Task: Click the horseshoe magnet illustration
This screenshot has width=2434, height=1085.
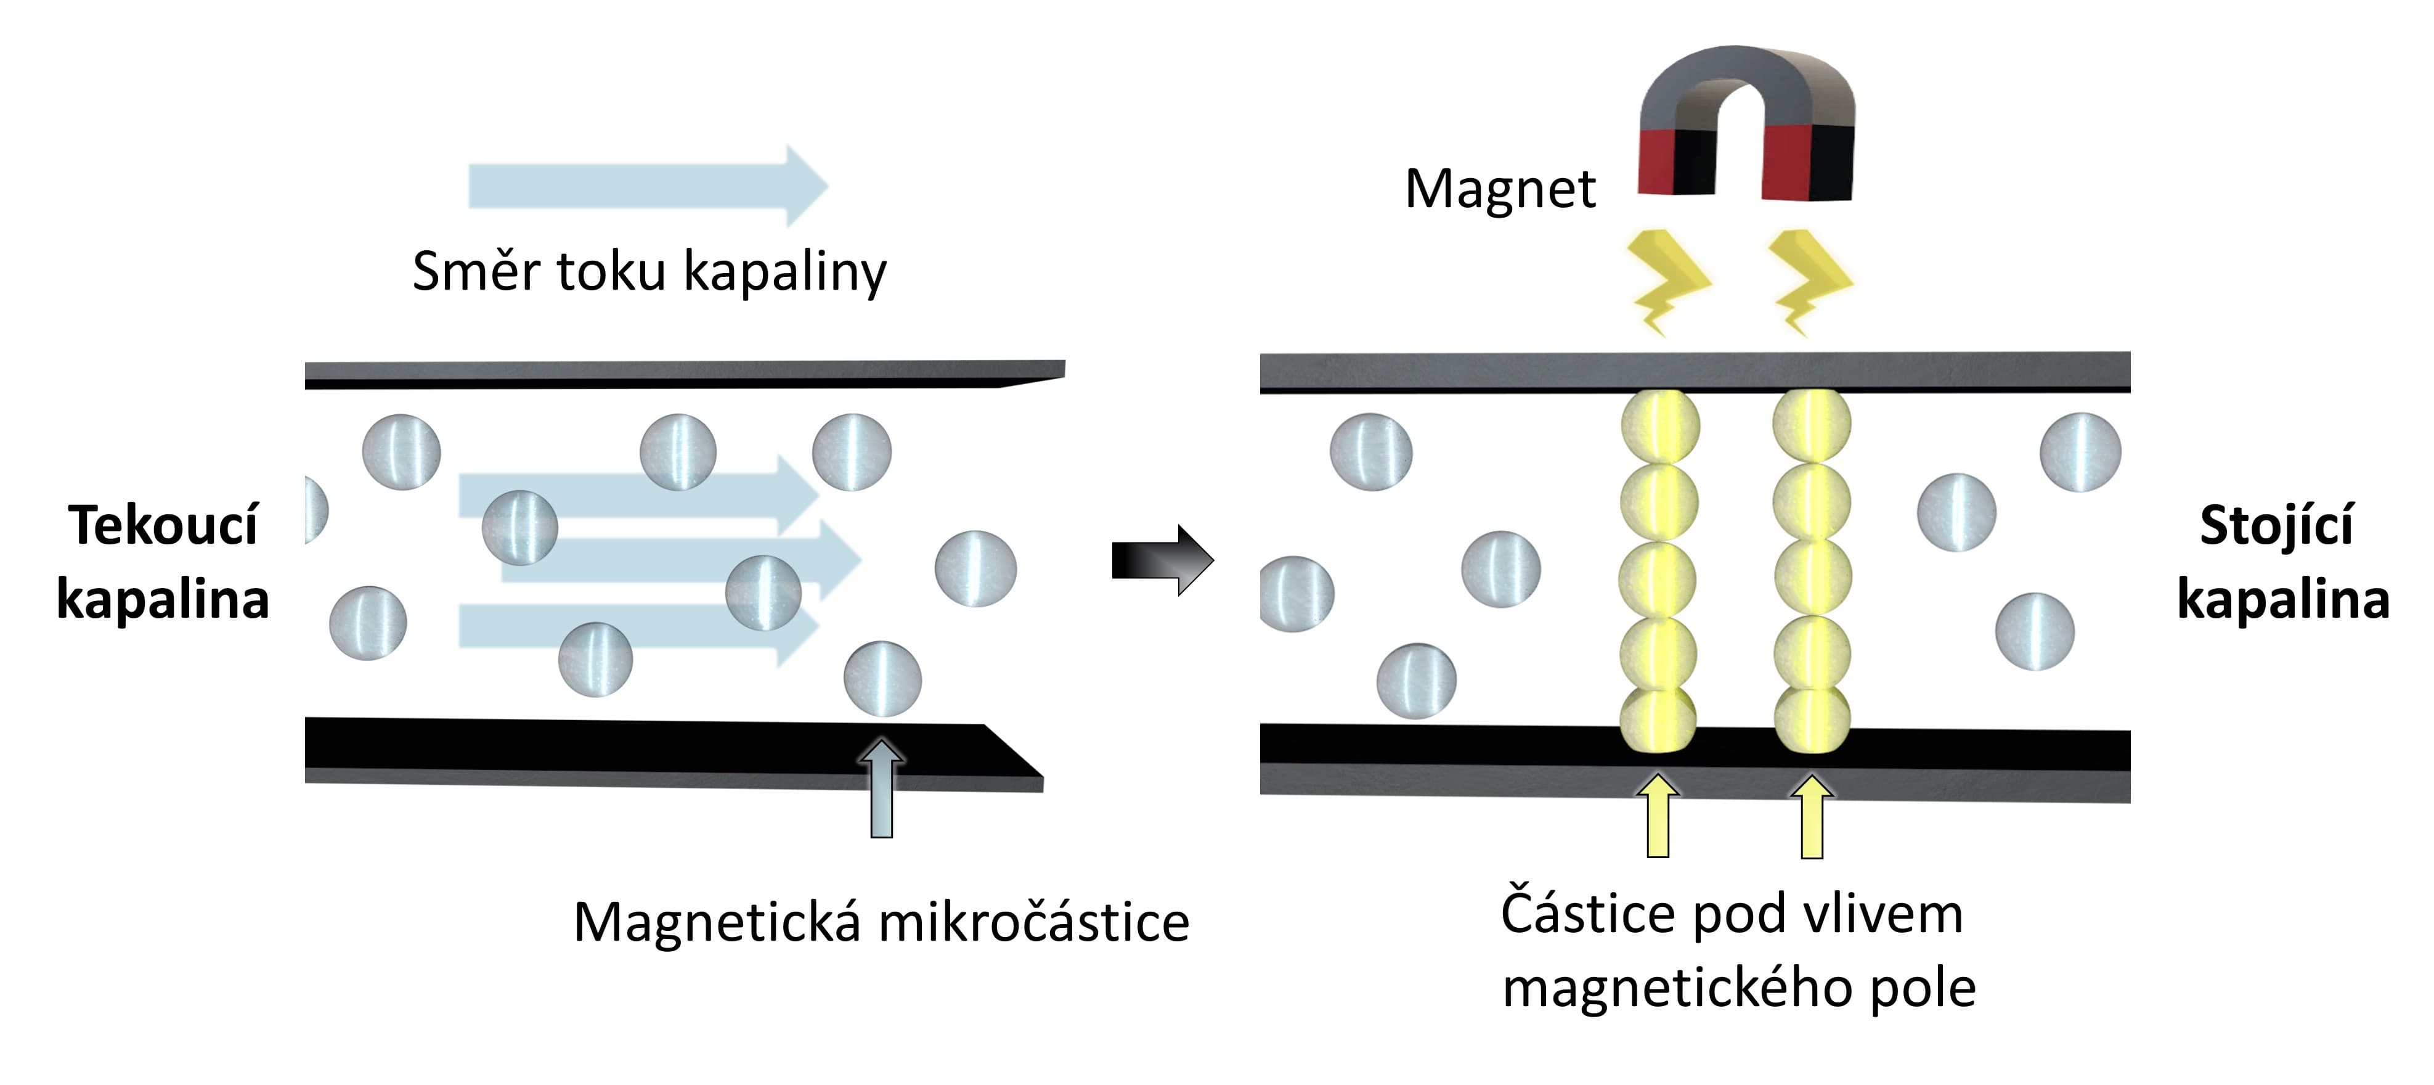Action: tap(1746, 123)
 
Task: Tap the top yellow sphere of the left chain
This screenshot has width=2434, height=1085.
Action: tap(1660, 426)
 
